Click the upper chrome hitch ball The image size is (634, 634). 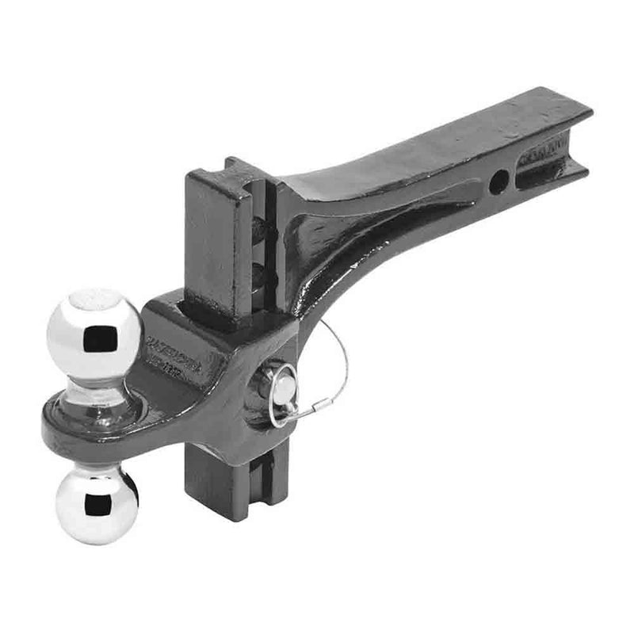click(94, 329)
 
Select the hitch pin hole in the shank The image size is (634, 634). click(498, 183)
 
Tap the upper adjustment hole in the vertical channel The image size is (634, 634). click(257, 231)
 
